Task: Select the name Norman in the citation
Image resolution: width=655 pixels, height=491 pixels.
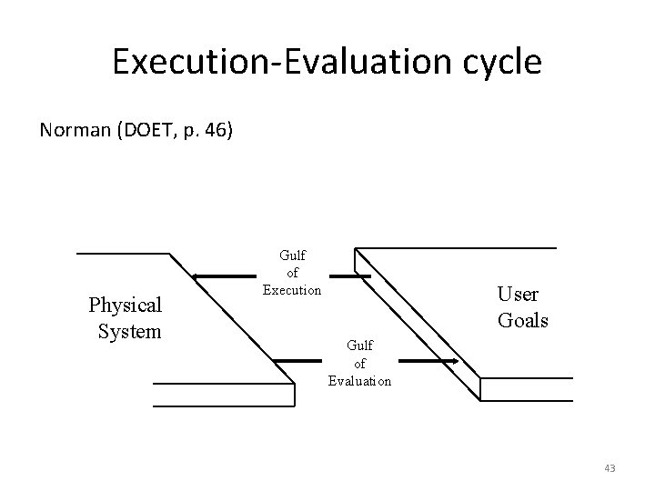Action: [x=74, y=130]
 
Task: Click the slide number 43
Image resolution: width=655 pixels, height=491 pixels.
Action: [x=610, y=468]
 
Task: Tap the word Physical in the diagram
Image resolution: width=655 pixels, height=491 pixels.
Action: [x=125, y=304]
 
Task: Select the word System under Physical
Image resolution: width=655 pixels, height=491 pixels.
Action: [x=129, y=331]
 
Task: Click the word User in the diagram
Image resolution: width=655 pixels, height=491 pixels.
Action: [x=518, y=295]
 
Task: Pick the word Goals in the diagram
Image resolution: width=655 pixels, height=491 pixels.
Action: [x=523, y=320]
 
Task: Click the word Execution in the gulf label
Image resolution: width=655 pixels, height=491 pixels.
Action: [x=292, y=290]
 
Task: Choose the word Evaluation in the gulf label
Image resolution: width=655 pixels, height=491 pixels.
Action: [x=359, y=381]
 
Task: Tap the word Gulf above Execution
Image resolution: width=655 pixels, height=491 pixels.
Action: [x=292, y=258]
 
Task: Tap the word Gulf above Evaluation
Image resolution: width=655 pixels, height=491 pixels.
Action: [x=359, y=346]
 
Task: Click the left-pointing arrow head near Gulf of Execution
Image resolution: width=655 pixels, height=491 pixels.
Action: [x=195, y=275]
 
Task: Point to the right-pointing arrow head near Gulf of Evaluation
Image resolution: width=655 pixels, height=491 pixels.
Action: [x=450, y=362]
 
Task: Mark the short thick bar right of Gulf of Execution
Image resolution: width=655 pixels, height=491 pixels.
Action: [x=349, y=275]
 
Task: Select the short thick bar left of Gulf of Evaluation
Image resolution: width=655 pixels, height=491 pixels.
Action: [x=297, y=361]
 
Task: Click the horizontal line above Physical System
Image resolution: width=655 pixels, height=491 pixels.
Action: [x=123, y=254]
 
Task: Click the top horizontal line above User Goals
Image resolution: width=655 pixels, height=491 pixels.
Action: [x=455, y=247]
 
